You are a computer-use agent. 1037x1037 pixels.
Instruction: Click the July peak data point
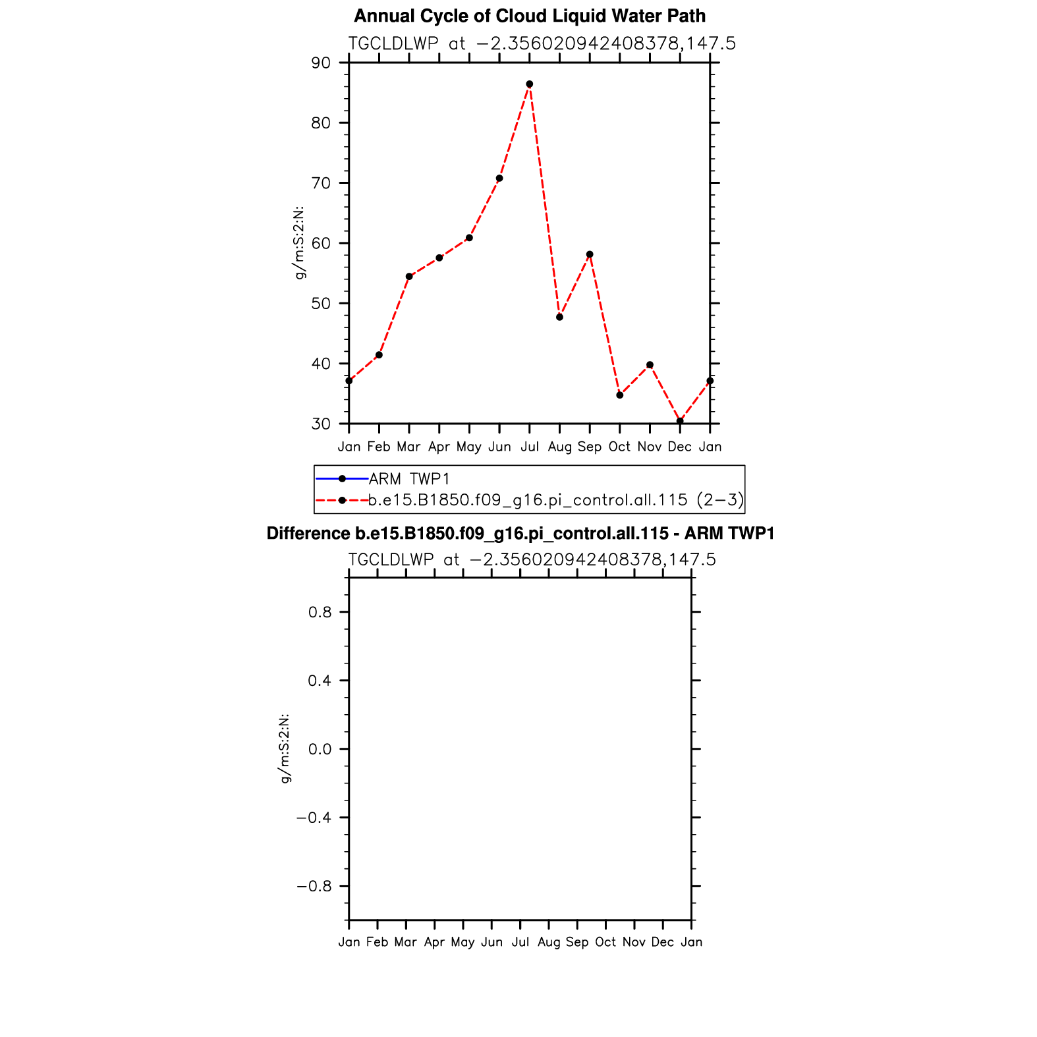[529, 84]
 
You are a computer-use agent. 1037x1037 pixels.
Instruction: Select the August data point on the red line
[559, 317]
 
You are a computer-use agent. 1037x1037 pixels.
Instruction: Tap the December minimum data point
[680, 421]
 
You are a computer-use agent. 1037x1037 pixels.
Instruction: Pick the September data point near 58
[590, 254]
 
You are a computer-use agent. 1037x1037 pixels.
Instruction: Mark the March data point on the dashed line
[409, 277]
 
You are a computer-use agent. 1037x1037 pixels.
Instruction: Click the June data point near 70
[499, 179]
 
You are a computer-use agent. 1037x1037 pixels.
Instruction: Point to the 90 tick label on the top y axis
[321, 63]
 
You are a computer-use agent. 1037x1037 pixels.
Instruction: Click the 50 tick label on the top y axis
[321, 304]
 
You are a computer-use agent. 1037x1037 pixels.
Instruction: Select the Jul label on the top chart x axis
[529, 447]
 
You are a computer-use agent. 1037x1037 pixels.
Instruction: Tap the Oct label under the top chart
[619, 447]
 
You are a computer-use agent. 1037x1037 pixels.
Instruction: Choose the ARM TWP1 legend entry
[409, 479]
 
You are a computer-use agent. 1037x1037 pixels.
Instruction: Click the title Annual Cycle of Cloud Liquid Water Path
[530, 16]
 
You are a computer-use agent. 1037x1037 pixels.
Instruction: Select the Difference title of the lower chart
[520, 534]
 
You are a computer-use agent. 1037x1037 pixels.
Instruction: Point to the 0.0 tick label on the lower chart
[319, 749]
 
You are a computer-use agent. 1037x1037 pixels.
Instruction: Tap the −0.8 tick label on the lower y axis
[314, 886]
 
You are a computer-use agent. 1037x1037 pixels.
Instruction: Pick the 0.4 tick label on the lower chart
[319, 681]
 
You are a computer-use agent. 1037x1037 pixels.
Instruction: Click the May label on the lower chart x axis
[462, 942]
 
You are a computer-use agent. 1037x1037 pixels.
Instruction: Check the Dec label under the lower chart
[662, 942]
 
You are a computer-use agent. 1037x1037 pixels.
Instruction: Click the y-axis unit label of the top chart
[300, 243]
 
